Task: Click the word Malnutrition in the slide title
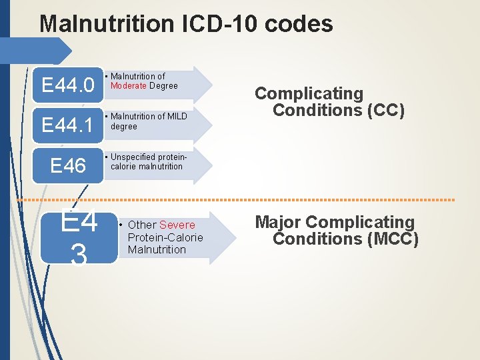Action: [x=107, y=25]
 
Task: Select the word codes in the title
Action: [x=299, y=25]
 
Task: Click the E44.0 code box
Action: [x=68, y=85]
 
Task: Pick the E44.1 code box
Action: [x=68, y=125]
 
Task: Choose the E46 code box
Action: [x=68, y=165]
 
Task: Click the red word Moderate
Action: [x=129, y=85]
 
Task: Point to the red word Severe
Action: [x=177, y=225]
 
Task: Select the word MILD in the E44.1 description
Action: [x=177, y=117]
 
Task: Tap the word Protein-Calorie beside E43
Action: [x=165, y=237]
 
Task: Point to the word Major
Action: [x=278, y=222]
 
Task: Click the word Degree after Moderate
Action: [x=164, y=85]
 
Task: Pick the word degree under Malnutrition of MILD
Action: [x=124, y=126]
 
